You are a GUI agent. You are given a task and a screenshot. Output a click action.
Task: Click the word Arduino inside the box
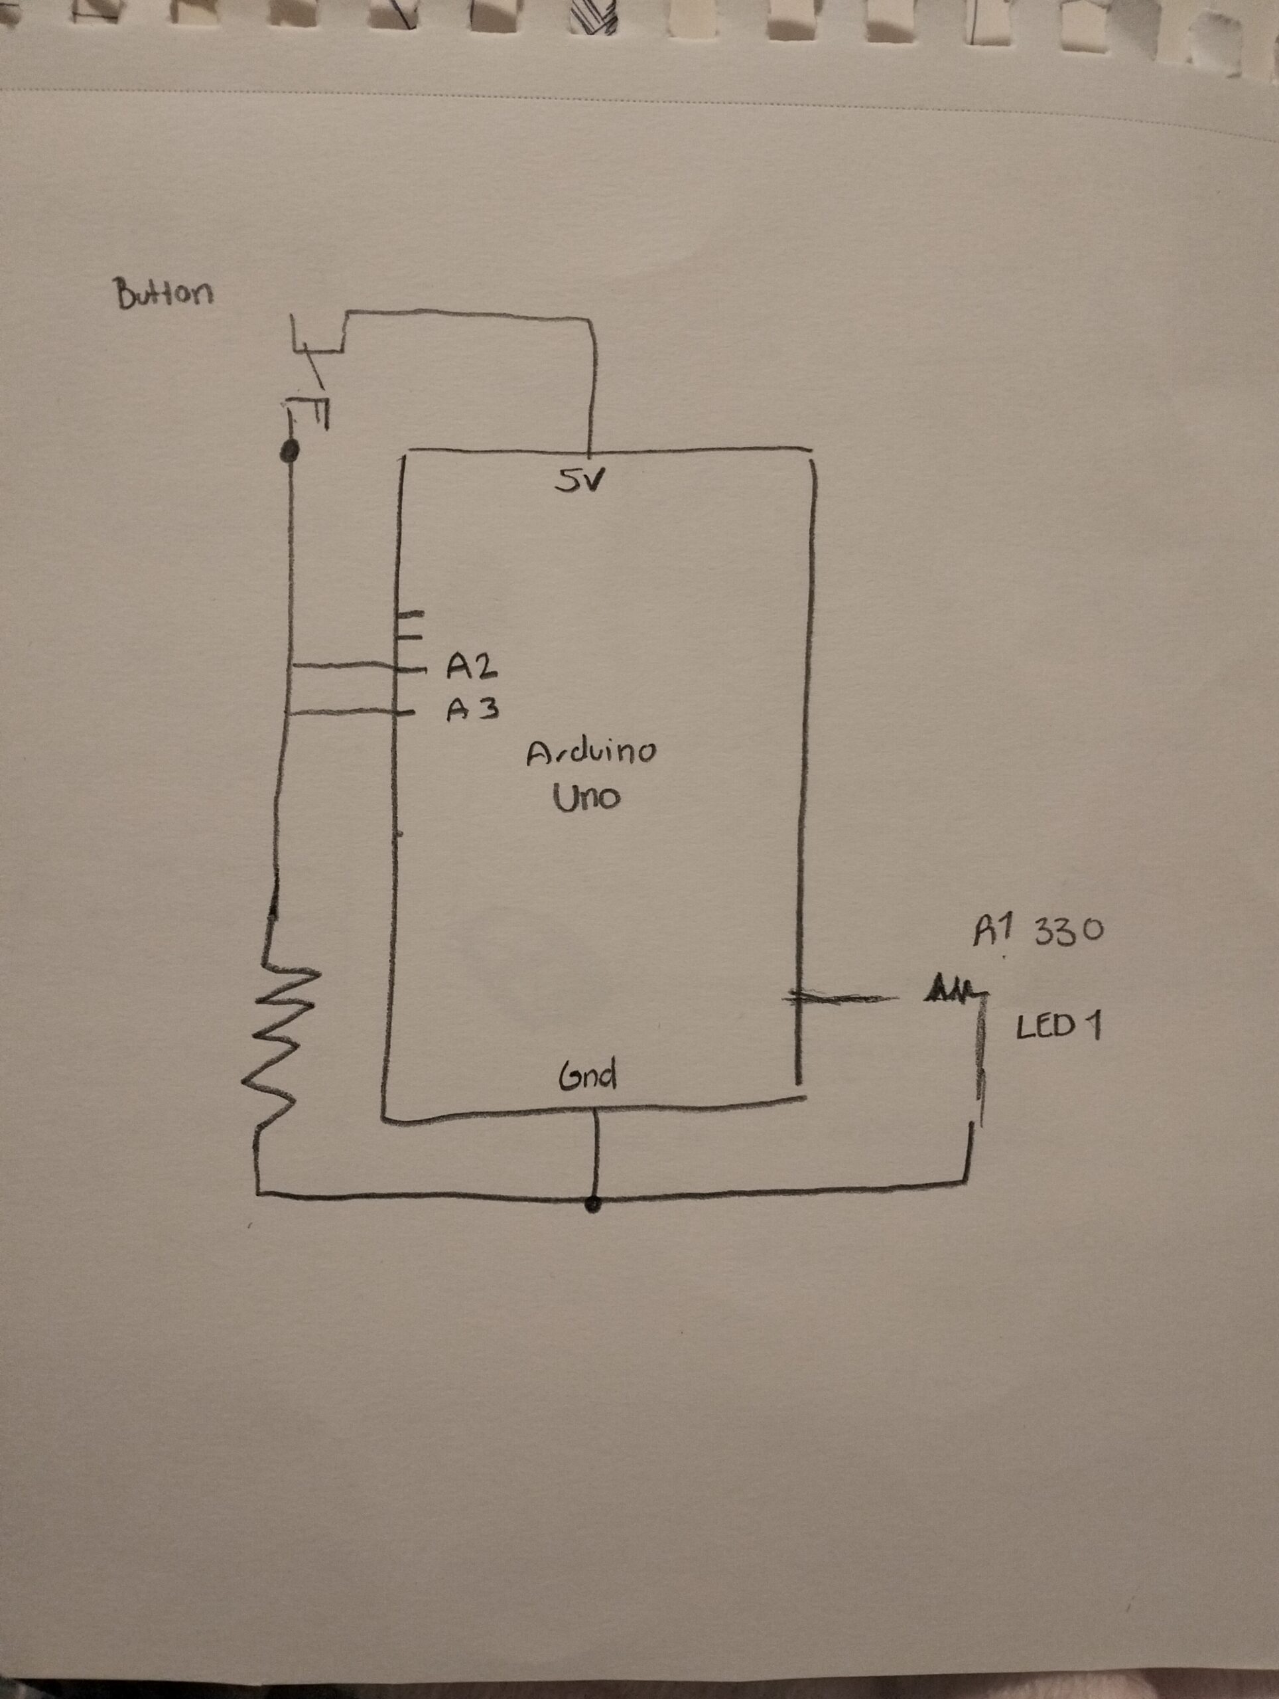tap(591, 753)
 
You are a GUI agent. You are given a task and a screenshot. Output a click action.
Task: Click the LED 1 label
tap(1058, 1027)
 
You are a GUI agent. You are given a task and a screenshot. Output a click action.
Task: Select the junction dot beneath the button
tap(289, 452)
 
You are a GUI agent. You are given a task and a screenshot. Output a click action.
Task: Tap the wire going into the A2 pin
tap(346, 667)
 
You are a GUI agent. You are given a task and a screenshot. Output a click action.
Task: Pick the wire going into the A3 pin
tap(346, 713)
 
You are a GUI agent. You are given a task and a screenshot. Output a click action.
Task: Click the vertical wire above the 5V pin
tap(592, 384)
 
